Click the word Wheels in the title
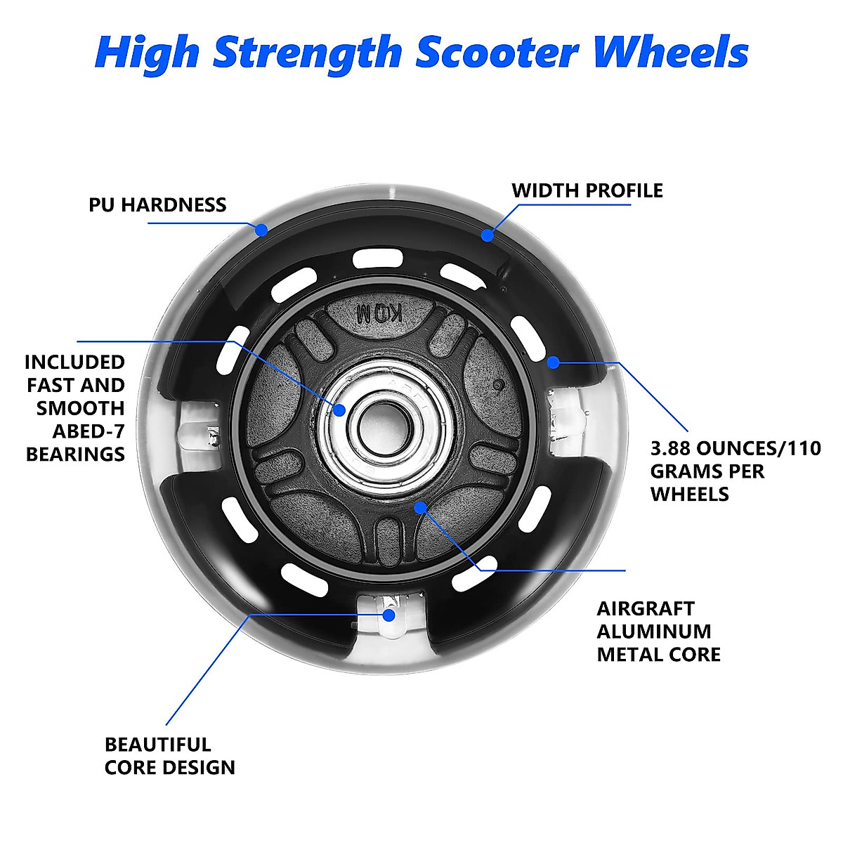point(671,53)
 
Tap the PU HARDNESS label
point(157,205)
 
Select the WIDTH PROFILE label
point(587,190)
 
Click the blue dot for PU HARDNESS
point(261,229)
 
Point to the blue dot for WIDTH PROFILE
point(488,235)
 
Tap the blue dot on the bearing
point(339,410)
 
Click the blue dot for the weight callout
point(554,362)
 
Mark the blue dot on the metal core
point(420,507)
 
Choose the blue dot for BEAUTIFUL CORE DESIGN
point(388,615)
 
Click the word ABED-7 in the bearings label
point(89,431)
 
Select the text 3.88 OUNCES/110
point(735,448)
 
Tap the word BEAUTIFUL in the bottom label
point(157,744)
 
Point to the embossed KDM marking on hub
point(379,313)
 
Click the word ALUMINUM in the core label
point(654,631)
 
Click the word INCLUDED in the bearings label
point(74,362)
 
